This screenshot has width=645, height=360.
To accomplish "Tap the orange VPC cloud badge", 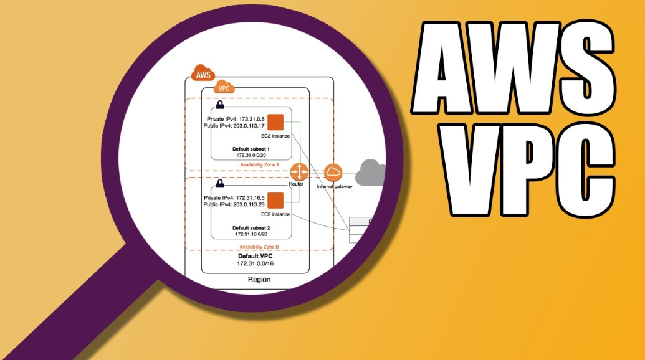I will [x=224, y=88].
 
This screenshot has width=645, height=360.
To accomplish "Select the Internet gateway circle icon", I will [x=333, y=173].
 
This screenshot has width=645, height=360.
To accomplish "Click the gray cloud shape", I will [x=371, y=171].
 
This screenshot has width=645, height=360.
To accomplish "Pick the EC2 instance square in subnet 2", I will [x=275, y=201].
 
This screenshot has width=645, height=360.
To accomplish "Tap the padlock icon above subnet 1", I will [x=220, y=105].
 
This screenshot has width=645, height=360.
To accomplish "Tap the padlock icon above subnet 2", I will [x=219, y=184].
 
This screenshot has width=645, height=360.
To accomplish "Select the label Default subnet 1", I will [x=251, y=149].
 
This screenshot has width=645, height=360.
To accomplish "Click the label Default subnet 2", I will [x=251, y=228].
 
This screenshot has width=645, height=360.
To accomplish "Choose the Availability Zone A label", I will [x=260, y=164].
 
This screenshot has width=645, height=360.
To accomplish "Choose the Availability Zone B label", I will [x=259, y=247].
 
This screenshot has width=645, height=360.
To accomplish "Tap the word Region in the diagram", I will [x=259, y=280].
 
